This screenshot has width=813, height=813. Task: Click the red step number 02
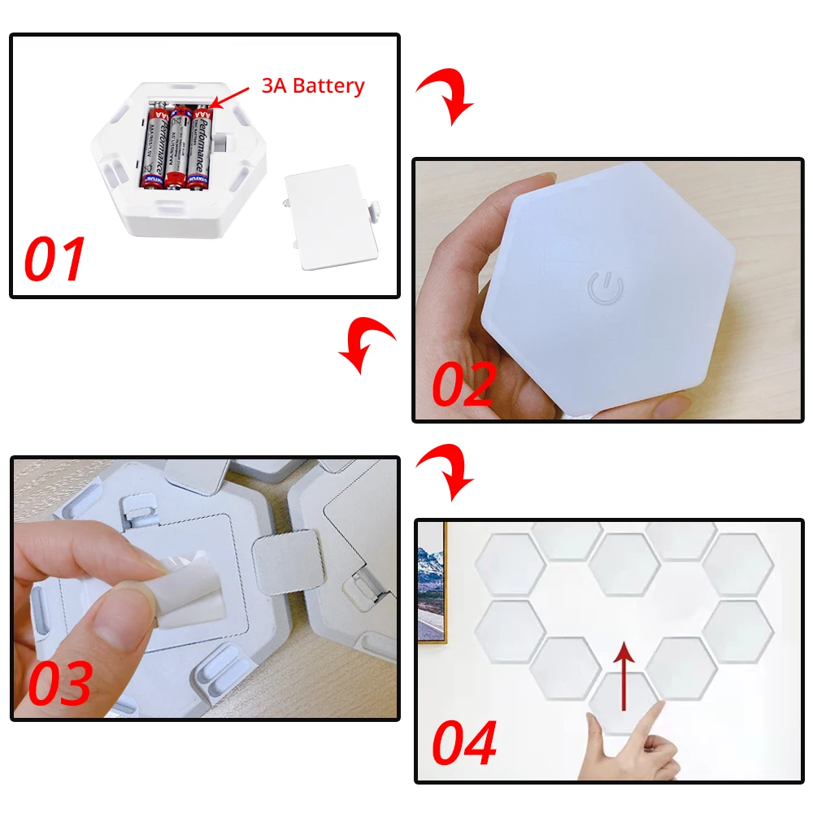click(x=463, y=384)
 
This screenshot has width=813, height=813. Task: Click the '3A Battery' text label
click(x=312, y=85)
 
